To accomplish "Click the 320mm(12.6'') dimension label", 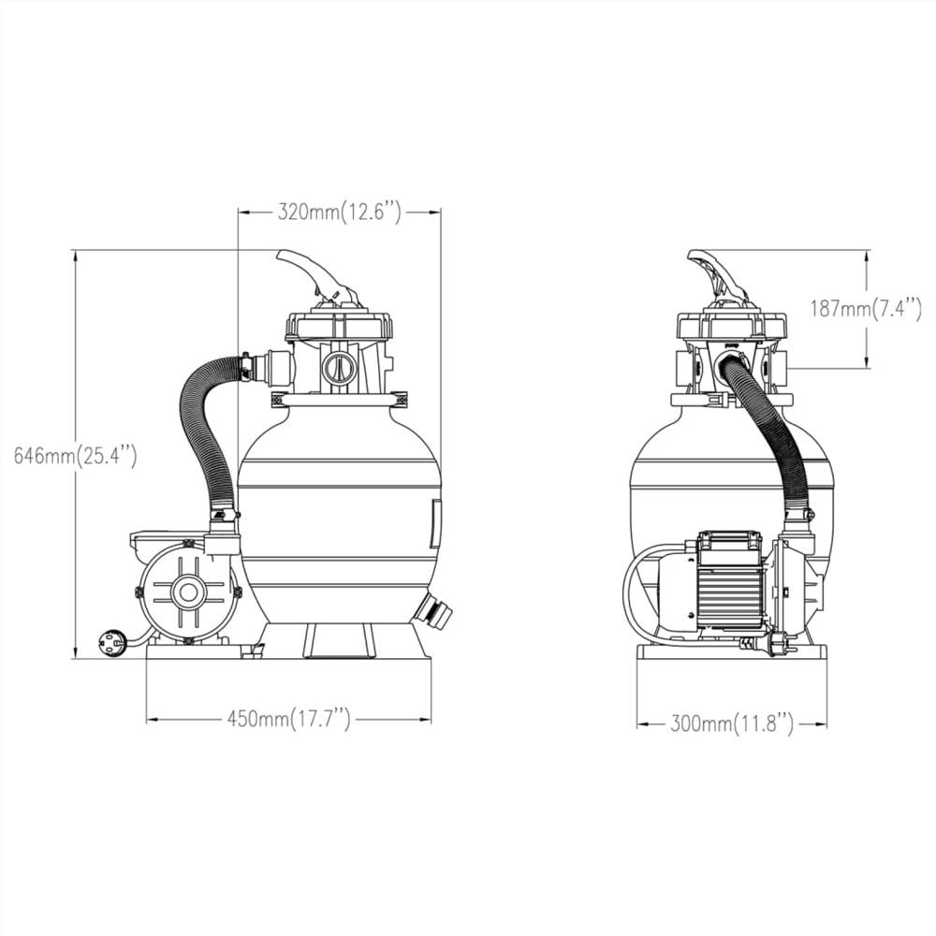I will coord(339,212).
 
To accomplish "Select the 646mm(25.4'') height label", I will coord(76,456).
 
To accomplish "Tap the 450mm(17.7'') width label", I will coord(288,719).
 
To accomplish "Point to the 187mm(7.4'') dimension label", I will coord(866,308).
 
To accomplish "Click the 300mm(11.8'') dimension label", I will coord(732,723).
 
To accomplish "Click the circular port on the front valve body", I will coord(338,368).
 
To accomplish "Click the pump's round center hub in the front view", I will coord(189,591).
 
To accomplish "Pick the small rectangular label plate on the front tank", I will coord(434,522).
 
